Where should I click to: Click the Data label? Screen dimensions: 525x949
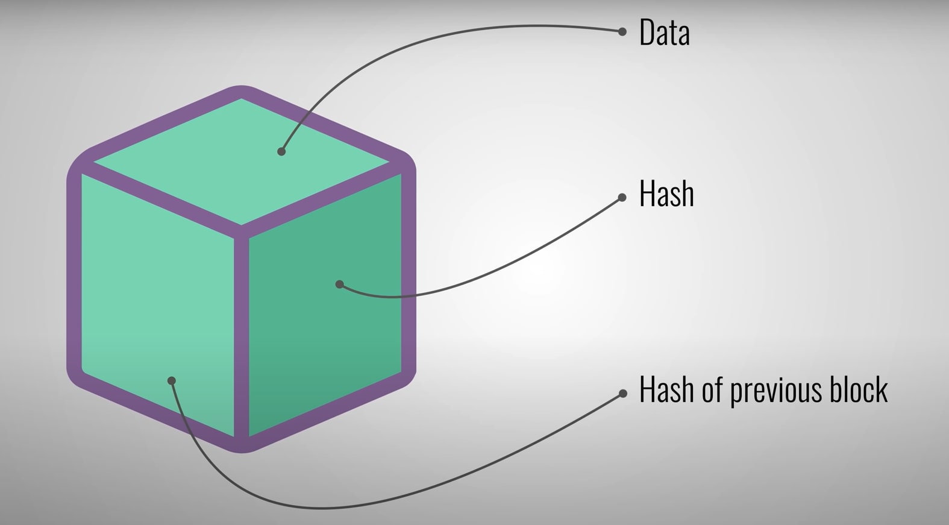[x=664, y=33]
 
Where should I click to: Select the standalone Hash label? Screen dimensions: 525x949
[x=666, y=194]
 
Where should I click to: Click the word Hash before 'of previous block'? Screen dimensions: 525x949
[x=666, y=389]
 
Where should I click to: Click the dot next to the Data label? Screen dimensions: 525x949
[x=622, y=31]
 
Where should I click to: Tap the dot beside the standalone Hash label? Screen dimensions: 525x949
[x=622, y=197]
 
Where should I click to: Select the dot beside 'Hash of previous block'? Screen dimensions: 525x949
[x=622, y=394]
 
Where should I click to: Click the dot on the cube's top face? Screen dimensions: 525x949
[x=281, y=151]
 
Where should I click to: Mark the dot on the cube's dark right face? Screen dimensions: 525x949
[x=340, y=284]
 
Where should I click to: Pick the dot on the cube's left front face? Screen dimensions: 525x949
[x=172, y=380]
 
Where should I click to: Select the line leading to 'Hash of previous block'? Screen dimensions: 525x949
[x=422, y=491]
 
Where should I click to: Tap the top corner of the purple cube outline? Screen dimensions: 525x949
[x=241, y=91]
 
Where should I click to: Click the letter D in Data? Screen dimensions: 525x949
[x=646, y=33]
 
